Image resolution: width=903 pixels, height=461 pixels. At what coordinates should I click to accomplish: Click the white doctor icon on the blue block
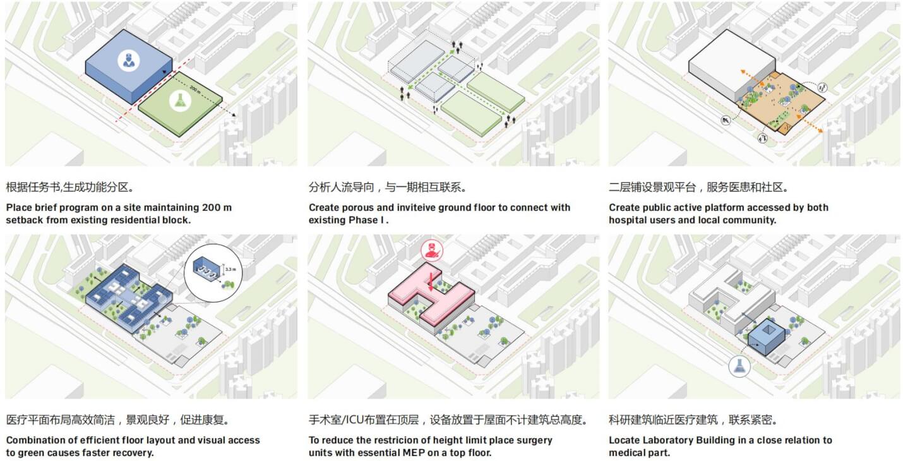[129, 61]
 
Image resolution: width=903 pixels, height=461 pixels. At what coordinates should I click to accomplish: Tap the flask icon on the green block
[180, 101]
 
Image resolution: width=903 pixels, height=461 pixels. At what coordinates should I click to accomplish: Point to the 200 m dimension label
[195, 89]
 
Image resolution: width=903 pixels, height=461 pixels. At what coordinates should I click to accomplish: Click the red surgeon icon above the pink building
[432, 250]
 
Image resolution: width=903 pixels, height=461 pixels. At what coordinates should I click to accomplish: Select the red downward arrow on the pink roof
[431, 282]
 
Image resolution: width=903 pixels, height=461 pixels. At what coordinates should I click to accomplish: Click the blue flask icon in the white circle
[739, 366]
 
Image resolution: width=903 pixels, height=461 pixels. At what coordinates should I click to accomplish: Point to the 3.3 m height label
[230, 269]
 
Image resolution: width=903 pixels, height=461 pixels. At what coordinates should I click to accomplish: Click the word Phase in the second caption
[363, 220]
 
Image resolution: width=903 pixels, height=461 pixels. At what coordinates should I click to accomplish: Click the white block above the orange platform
[732, 64]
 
